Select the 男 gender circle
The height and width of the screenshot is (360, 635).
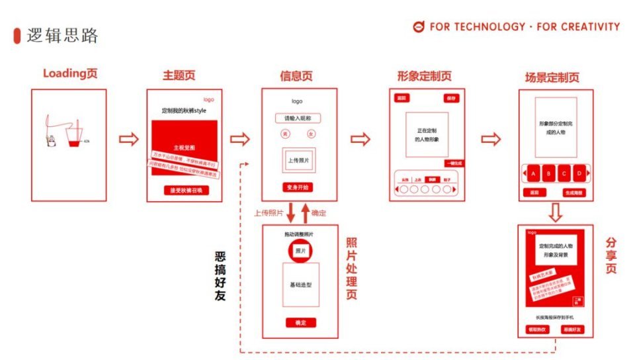[285, 134]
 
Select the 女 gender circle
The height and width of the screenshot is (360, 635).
[311, 134]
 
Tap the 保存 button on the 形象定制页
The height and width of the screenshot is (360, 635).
[452, 98]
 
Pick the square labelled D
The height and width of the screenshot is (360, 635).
[579, 174]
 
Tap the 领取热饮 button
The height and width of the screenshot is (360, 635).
[536, 328]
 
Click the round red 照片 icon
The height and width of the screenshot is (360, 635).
[301, 251]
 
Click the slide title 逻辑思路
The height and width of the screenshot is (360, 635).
[63, 36]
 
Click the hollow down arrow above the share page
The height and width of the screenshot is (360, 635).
[556, 212]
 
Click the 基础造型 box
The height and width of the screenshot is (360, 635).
[301, 285]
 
